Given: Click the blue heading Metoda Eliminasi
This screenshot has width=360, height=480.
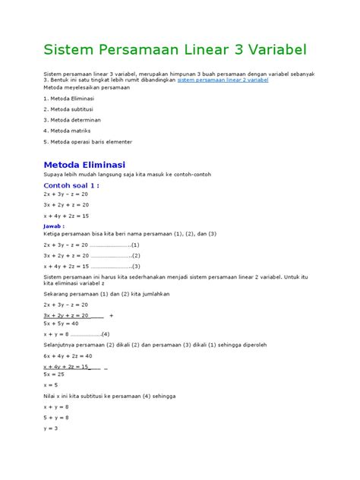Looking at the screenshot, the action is (85, 164).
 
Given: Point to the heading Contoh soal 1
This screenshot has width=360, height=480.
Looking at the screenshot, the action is (72, 184).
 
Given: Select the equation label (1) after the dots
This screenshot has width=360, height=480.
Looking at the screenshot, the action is (135, 245).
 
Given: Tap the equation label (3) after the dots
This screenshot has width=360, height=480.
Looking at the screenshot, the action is (135, 267).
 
